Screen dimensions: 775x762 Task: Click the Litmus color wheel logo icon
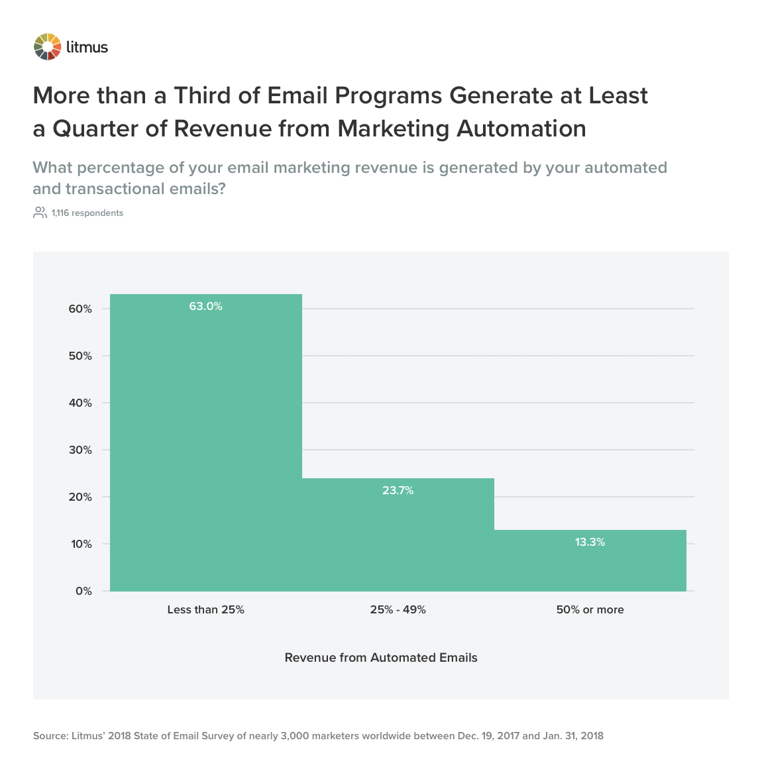(47, 47)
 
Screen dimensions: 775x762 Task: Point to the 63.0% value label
(205, 307)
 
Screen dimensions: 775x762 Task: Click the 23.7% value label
(398, 491)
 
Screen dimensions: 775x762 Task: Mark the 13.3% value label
(590, 542)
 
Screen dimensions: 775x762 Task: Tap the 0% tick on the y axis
(83, 592)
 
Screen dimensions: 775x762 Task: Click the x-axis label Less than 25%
(205, 610)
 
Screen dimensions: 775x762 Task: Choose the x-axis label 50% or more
(590, 610)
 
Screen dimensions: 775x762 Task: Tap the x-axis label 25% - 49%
(398, 610)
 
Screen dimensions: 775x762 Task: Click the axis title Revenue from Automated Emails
(381, 658)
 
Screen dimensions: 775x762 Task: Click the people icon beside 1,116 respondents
(40, 213)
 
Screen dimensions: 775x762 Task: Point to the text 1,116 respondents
(87, 213)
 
